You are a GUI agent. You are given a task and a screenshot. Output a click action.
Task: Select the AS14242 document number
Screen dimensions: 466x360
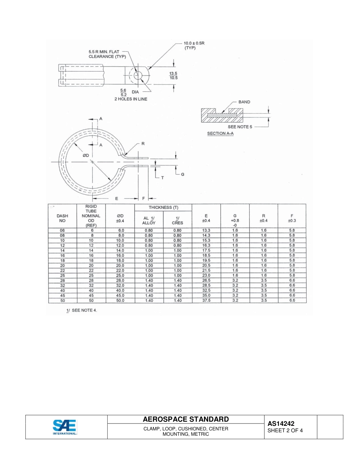[x=281, y=424]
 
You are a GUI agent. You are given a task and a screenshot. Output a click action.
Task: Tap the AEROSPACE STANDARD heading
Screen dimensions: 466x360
[x=186, y=419]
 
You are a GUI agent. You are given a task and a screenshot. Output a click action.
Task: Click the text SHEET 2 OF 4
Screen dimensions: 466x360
[x=285, y=431]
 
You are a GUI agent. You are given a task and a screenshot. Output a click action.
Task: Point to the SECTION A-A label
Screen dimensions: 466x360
[x=220, y=134]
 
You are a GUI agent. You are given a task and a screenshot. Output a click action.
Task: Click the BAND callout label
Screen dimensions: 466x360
[x=244, y=102]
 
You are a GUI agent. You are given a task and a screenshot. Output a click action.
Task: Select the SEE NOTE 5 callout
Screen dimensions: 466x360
[x=239, y=127]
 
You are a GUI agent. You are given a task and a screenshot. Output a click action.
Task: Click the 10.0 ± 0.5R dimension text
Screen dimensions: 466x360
[x=194, y=43]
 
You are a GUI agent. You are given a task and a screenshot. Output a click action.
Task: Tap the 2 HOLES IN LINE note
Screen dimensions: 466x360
[x=131, y=99]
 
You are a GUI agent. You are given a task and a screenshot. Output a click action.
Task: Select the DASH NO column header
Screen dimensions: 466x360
[x=63, y=218]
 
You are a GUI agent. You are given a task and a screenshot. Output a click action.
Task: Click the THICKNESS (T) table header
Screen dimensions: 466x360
[x=163, y=208]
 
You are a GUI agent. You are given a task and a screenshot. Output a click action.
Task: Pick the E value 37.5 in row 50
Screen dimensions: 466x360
[x=206, y=300]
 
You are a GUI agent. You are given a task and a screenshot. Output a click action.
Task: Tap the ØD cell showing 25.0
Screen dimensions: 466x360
[x=120, y=275]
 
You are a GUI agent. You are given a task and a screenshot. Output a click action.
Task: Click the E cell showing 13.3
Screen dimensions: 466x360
[x=206, y=230]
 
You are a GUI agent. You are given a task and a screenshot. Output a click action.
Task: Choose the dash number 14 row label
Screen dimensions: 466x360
[x=63, y=250]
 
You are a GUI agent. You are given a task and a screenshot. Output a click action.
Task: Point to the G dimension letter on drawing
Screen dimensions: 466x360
[x=182, y=174]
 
